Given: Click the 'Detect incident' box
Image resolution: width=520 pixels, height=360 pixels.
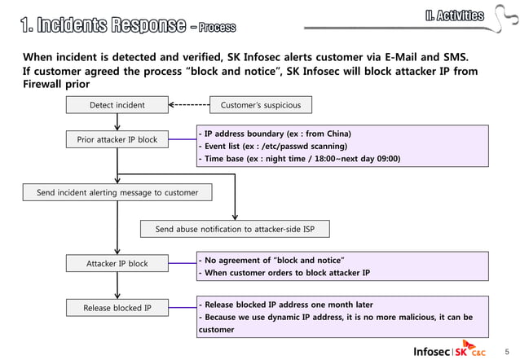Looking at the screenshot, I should click(x=117, y=105).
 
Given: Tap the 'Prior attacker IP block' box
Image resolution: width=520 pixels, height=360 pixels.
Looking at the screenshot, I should click(x=117, y=140).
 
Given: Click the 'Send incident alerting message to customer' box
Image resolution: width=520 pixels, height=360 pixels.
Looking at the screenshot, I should click(x=117, y=193).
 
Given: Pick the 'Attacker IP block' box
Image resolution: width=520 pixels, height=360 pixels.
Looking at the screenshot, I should click(x=117, y=264).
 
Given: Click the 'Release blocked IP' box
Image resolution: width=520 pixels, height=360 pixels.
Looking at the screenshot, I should click(x=117, y=308).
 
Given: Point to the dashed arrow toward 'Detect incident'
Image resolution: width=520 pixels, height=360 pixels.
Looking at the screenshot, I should click(x=189, y=105).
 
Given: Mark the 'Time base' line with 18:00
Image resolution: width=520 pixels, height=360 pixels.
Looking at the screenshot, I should click(x=298, y=159).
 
